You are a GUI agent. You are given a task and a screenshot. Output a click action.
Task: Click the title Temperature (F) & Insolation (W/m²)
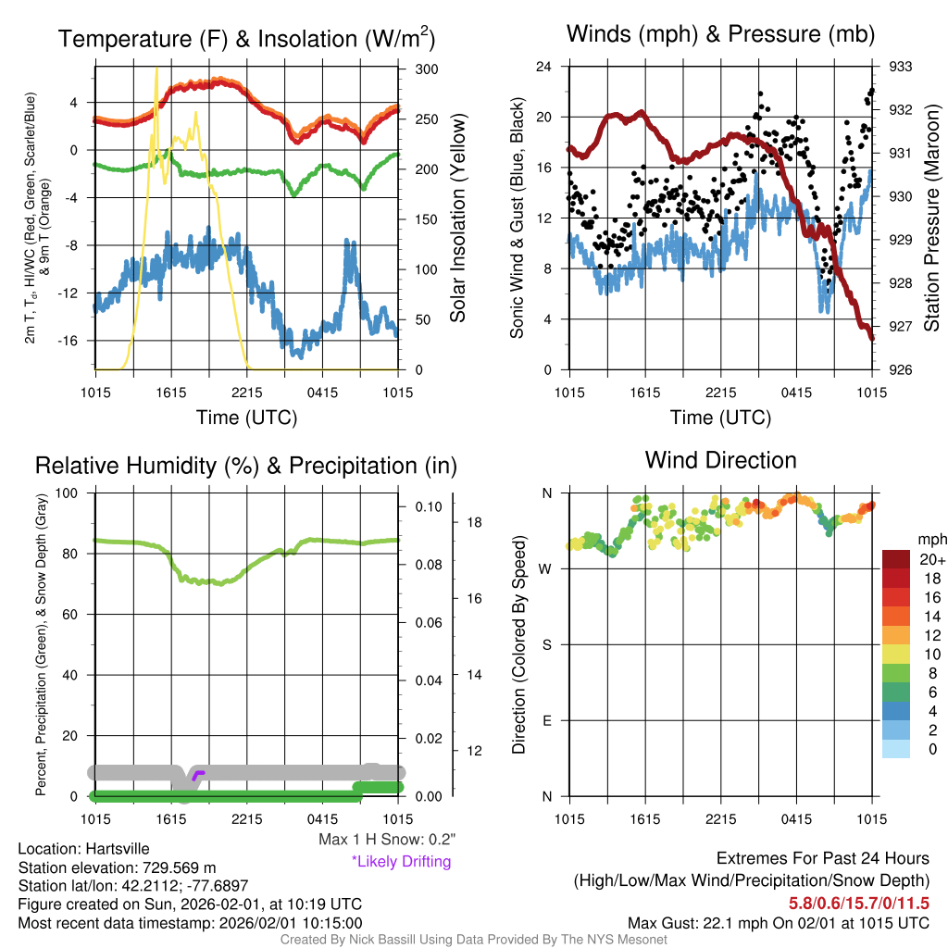(x=246, y=39)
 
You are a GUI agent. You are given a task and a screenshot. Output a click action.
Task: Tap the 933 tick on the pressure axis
(x=901, y=67)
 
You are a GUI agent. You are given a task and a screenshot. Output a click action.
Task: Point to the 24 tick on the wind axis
(x=544, y=67)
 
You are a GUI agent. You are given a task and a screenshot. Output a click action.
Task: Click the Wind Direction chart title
(x=720, y=460)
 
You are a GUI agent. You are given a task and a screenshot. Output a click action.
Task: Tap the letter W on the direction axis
(x=547, y=568)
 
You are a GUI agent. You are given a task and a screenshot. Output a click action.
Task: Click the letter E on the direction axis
(x=547, y=720)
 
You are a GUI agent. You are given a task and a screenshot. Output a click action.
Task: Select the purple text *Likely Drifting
(x=401, y=862)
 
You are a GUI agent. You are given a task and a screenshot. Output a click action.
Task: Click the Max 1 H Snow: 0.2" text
(x=387, y=840)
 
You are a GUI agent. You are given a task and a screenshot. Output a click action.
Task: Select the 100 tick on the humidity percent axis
(x=74, y=493)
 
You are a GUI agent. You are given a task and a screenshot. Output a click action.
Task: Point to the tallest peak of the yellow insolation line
(x=156, y=68)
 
